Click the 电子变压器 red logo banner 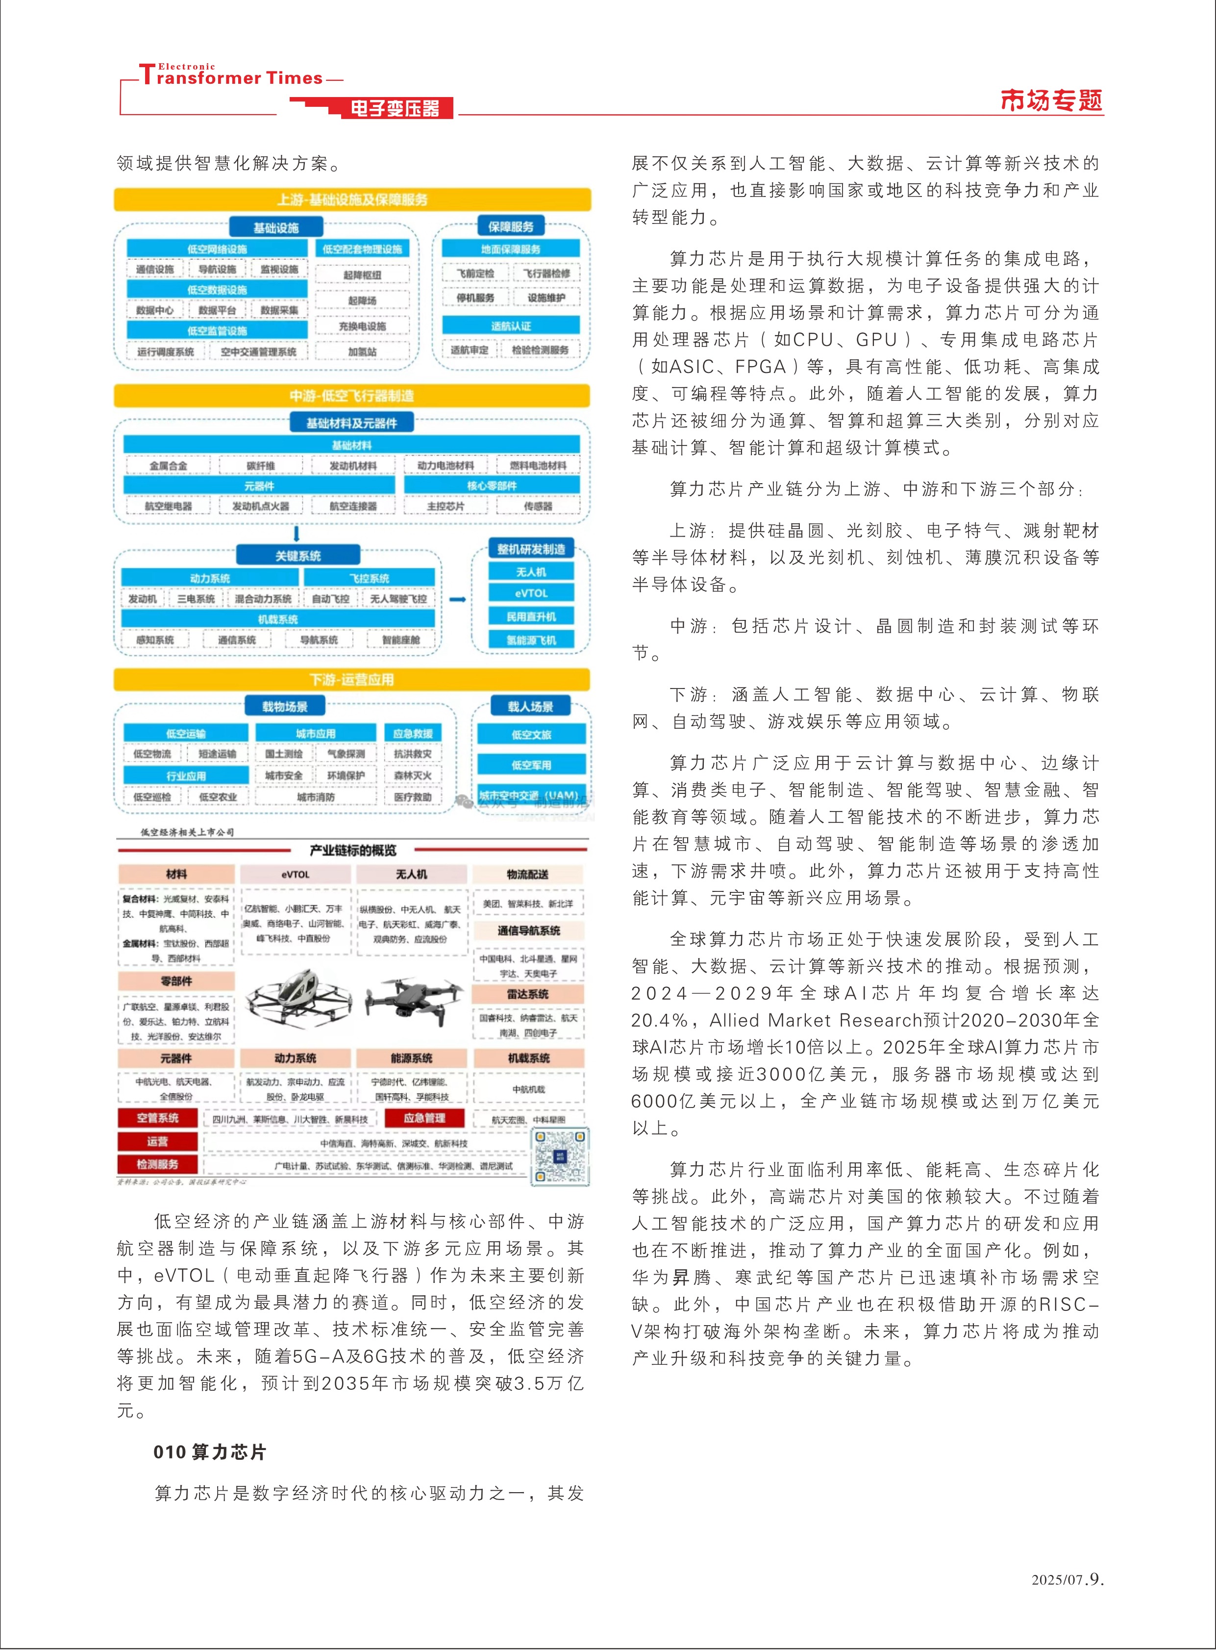[x=395, y=108]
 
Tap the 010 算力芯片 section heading [x=210, y=1452]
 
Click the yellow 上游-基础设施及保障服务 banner [x=352, y=199]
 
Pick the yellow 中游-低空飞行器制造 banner [x=352, y=396]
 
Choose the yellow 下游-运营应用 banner [x=352, y=679]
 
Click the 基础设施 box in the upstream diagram [x=276, y=227]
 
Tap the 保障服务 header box [x=511, y=226]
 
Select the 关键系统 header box [x=298, y=556]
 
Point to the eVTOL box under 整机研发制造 [x=531, y=593]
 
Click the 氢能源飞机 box [x=531, y=640]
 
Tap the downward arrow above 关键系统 [x=297, y=533]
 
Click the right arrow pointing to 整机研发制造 [x=458, y=599]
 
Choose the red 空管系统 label [x=157, y=1118]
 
